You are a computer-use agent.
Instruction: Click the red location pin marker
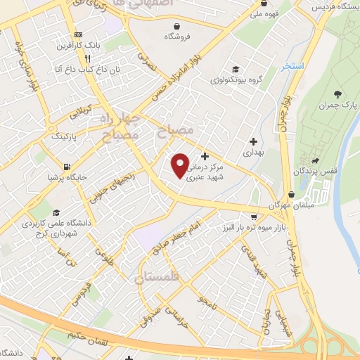point(181,165)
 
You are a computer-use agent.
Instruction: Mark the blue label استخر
point(292,66)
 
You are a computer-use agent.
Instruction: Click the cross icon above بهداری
point(252,141)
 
